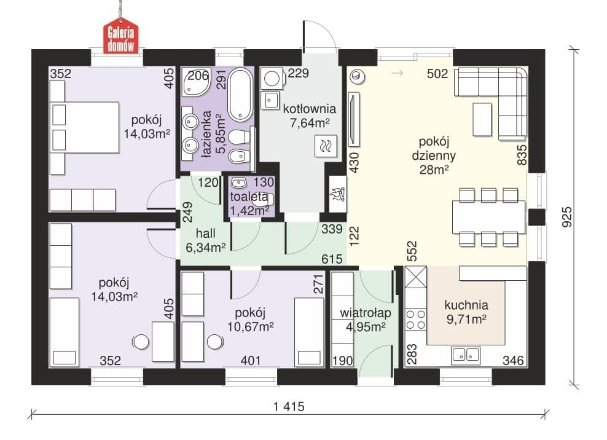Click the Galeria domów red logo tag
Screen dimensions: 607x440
coord(120,36)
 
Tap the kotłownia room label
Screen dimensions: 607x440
coord(309,108)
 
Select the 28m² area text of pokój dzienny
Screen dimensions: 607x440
coord(434,170)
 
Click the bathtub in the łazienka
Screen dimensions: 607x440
coord(240,95)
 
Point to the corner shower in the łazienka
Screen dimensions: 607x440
coord(195,82)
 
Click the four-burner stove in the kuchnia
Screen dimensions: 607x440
coord(415,320)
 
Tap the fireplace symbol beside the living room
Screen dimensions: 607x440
coord(337,194)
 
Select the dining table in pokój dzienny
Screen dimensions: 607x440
coord(488,217)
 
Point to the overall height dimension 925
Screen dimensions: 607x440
coord(566,217)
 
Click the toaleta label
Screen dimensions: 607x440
coord(249,197)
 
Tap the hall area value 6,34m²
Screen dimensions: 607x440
coord(206,248)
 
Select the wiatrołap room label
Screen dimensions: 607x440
coord(366,313)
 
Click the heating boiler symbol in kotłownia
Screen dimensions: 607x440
coord(326,146)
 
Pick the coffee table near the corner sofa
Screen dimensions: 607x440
coord(482,119)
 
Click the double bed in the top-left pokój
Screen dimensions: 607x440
coord(85,127)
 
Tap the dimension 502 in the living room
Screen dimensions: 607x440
coord(437,74)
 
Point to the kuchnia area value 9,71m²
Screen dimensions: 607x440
coord(466,319)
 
